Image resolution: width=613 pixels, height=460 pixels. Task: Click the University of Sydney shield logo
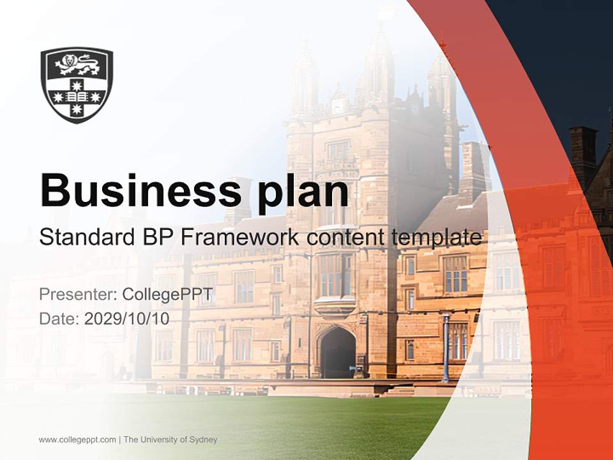[77, 84]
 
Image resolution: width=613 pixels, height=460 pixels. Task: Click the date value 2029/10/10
[127, 318]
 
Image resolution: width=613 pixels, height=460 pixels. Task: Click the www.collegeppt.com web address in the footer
[77, 440]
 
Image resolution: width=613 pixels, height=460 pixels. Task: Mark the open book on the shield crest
[77, 96]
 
